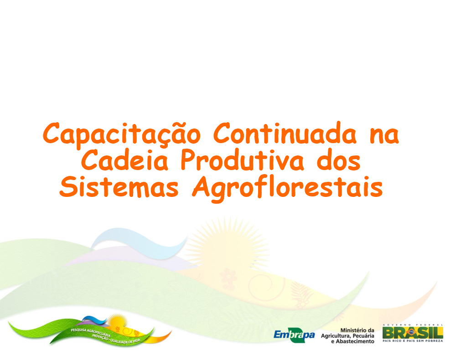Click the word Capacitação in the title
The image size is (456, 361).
[122, 135]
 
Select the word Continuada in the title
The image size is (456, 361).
[285, 133]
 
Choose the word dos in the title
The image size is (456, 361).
[338, 160]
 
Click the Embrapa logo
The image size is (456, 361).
[294, 336]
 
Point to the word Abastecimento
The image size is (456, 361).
[355, 341]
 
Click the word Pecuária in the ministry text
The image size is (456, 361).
[363, 336]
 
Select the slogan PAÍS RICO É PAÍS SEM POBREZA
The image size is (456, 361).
[413, 340]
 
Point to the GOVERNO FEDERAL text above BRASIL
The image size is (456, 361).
[413, 325]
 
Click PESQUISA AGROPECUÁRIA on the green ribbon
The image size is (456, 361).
[90, 332]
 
